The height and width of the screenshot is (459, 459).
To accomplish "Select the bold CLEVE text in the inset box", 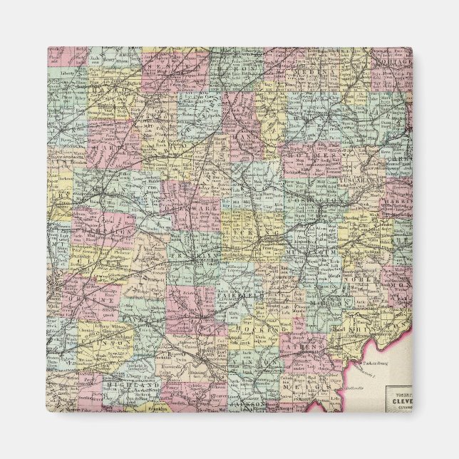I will click(x=399, y=401).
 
